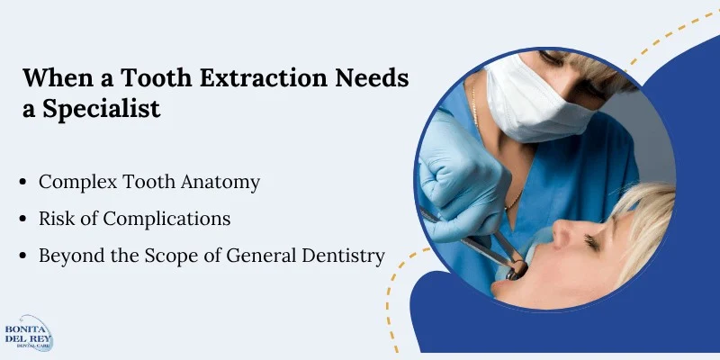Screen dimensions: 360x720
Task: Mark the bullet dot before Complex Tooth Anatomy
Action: click(22, 183)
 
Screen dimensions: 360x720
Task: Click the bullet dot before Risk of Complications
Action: click(22, 220)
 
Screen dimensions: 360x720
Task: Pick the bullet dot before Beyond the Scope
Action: click(22, 256)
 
